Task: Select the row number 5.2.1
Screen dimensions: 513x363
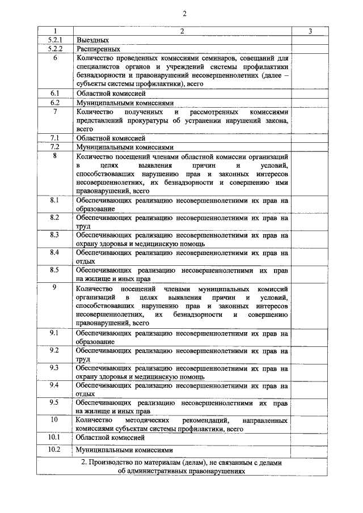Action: (x=55, y=40)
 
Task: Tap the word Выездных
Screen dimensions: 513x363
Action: (x=92, y=40)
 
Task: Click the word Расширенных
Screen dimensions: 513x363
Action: (x=98, y=49)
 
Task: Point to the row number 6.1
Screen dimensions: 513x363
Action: (x=55, y=92)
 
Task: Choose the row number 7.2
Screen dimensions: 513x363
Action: (x=55, y=146)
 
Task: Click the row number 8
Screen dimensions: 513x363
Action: (x=55, y=155)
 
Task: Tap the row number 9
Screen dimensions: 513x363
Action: (x=55, y=288)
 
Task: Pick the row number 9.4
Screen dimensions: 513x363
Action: (x=55, y=385)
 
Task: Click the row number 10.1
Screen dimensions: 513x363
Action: (x=55, y=438)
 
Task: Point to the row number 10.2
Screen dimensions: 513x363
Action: (x=55, y=450)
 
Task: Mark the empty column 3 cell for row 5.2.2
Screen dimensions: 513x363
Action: (x=310, y=49)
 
